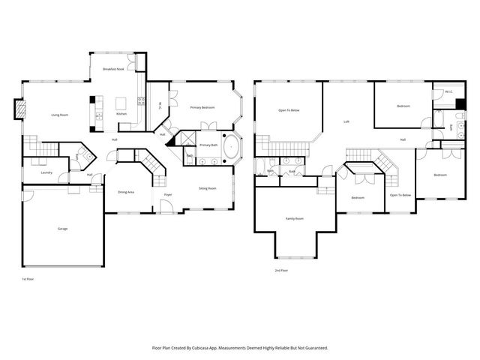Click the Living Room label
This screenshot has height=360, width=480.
coord(59,115)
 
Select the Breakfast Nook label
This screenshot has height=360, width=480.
coord(113,69)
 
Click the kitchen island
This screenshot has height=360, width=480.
coord(121,103)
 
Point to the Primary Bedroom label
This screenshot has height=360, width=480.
coord(202,108)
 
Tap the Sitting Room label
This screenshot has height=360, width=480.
coord(207,188)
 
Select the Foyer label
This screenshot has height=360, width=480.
coord(167,195)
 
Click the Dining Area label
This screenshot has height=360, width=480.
coord(126,192)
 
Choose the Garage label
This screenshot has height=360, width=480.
coord(62,228)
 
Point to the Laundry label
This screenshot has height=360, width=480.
coord(35,172)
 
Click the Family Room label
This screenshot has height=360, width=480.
coord(294,218)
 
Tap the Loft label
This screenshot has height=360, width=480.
coord(346,121)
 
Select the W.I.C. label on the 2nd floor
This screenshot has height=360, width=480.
coord(448,92)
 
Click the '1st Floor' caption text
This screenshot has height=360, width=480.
coord(28,278)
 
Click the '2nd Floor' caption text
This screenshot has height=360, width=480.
coord(281,270)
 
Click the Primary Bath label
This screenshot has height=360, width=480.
coord(208,144)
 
